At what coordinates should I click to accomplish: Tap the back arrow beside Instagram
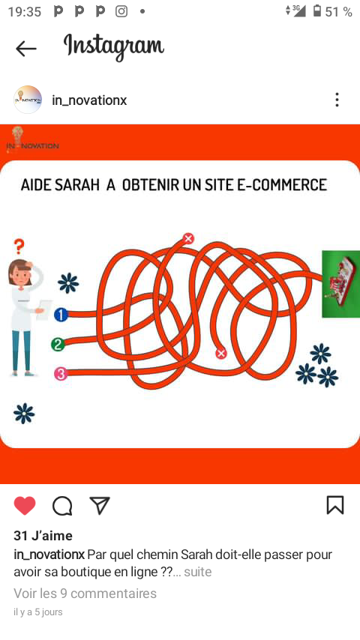pyautogui.click(x=25, y=49)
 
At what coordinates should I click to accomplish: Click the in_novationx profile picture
pyautogui.click(x=28, y=100)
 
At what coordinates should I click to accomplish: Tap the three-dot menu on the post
pyautogui.click(x=337, y=100)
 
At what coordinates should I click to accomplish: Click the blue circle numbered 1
pyautogui.click(x=61, y=315)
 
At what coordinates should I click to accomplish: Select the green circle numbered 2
pyautogui.click(x=58, y=345)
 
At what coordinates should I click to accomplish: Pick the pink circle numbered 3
pyautogui.click(x=61, y=374)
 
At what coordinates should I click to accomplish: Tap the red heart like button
pyautogui.click(x=25, y=506)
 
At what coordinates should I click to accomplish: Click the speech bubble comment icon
pyautogui.click(x=62, y=506)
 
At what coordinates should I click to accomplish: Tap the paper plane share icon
pyautogui.click(x=100, y=505)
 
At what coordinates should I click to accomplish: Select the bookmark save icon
pyautogui.click(x=335, y=505)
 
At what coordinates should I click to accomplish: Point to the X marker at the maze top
pyautogui.click(x=188, y=238)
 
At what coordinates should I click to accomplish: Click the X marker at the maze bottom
pyautogui.click(x=221, y=353)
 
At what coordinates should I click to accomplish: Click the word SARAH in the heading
pyautogui.click(x=76, y=185)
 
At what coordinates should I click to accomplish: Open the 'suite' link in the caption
pyautogui.click(x=198, y=572)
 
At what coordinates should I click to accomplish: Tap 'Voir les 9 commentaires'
pyautogui.click(x=85, y=593)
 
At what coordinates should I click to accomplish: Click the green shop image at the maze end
pyautogui.click(x=340, y=284)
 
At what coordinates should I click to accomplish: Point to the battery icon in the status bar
pyautogui.click(x=317, y=10)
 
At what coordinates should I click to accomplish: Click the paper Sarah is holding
pyautogui.click(x=43, y=310)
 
